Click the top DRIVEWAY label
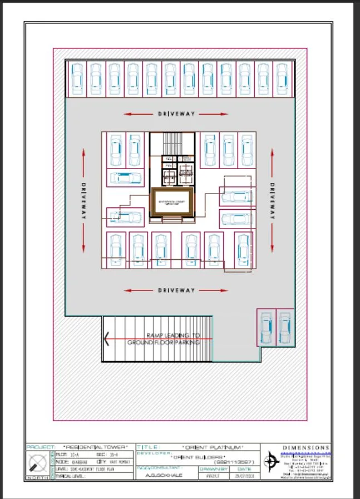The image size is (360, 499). click(x=176, y=114)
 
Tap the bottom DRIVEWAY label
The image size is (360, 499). click(x=176, y=290)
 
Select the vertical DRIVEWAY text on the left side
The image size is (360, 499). click(x=84, y=200)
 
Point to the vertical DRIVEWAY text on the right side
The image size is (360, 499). click(x=272, y=200)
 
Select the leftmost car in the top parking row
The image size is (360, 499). click(x=76, y=78)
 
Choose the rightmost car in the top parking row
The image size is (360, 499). click(x=282, y=78)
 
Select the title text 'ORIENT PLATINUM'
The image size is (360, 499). click(x=214, y=447)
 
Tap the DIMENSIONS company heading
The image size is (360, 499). click(x=306, y=447)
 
